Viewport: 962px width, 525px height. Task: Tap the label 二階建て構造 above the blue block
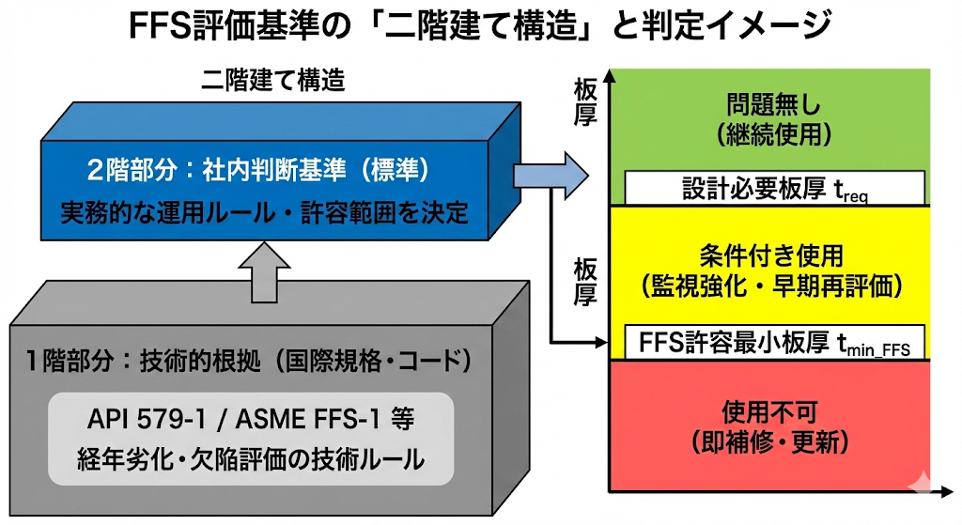[x=272, y=81]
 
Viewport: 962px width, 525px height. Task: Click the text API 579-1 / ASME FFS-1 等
[x=252, y=416]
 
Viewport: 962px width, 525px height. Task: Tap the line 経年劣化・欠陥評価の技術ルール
[x=252, y=460]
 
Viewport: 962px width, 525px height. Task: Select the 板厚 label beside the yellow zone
[x=586, y=283]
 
